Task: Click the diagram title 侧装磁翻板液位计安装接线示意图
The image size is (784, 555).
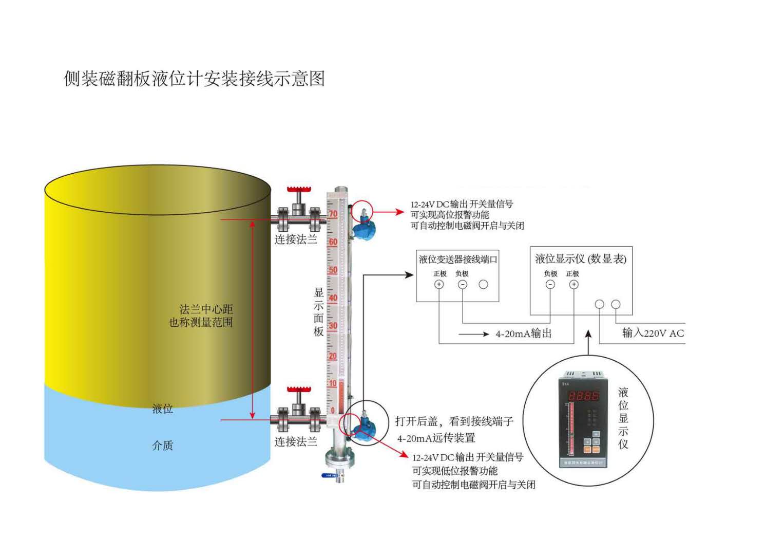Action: tap(194, 79)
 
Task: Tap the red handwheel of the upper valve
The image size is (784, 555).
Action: tap(298, 190)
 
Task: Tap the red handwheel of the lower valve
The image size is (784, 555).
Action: tap(298, 390)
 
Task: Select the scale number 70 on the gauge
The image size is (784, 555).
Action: tap(333, 214)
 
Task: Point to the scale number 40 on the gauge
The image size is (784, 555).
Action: tap(333, 298)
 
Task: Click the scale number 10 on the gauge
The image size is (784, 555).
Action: tap(333, 383)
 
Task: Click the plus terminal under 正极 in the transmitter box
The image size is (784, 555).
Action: tap(439, 284)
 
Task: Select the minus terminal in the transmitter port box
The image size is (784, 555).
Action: tap(463, 284)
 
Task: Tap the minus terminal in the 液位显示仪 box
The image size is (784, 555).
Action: tap(550, 284)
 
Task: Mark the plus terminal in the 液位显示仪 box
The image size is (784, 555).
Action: tap(573, 284)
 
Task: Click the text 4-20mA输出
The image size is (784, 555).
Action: tap(523, 334)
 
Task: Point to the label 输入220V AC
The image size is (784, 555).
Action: tap(653, 333)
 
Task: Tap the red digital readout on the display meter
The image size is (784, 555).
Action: tap(583, 396)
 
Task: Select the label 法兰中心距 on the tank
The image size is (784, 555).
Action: tap(206, 309)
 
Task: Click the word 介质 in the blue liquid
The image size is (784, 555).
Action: tap(163, 446)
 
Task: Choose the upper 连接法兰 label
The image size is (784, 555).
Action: tap(296, 239)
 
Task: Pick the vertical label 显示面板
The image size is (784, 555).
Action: tap(319, 312)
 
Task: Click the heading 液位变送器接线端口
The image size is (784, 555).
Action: tap(458, 260)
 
